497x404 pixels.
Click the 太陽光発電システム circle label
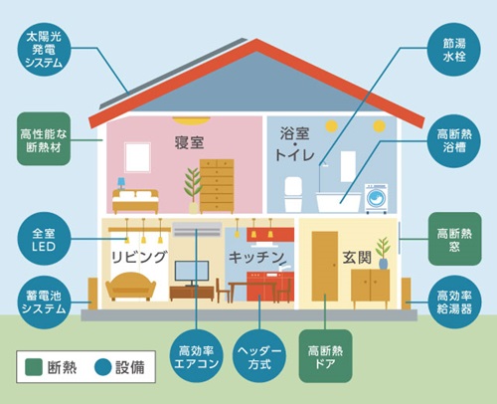coord(44,50)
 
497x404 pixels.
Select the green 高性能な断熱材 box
coord(44,139)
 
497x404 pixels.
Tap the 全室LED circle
coord(44,239)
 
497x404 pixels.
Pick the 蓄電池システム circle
coord(44,303)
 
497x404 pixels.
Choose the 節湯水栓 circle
coord(454,50)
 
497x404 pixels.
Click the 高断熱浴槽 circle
coord(454,141)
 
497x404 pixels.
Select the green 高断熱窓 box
coord(454,239)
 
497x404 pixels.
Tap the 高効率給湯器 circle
coord(454,302)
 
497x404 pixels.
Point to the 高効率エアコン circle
coord(196,356)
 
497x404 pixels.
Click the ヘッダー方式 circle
coord(259,356)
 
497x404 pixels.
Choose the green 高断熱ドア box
coord(325,356)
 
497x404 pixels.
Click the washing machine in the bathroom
coord(377,198)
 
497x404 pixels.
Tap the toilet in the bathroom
coord(293,194)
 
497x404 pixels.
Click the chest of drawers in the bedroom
coord(217,186)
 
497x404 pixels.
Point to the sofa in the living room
coord(130,286)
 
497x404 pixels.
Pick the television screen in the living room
coord(192,271)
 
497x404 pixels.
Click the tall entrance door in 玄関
coord(325,266)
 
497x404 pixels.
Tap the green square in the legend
coord(34,367)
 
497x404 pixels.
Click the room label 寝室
coord(189,142)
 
